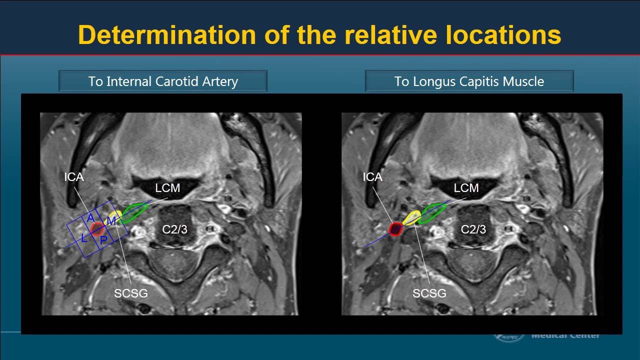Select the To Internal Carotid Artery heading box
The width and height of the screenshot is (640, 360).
(163, 81)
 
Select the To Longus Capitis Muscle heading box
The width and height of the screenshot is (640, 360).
(469, 81)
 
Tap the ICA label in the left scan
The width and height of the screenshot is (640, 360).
(73, 177)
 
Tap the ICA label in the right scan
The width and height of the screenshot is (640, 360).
(372, 177)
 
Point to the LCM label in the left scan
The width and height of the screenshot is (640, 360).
(167, 188)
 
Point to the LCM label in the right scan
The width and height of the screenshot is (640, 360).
(466, 188)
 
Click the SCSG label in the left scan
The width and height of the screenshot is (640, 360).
(131, 293)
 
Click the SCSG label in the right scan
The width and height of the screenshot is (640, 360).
(429, 293)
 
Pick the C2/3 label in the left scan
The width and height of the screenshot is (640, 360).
(174, 229)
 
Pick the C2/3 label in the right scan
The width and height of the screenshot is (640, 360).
(473, 229)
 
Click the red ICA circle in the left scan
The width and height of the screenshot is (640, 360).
(97, 229)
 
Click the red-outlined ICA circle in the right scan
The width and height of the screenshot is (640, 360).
(396, 229)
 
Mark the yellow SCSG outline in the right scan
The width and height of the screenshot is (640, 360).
(412, 217)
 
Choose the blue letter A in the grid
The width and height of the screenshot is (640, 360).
(90, 218)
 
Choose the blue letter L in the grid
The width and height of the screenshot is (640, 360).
(84, 238)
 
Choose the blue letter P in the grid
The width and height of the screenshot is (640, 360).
(103, 240)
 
